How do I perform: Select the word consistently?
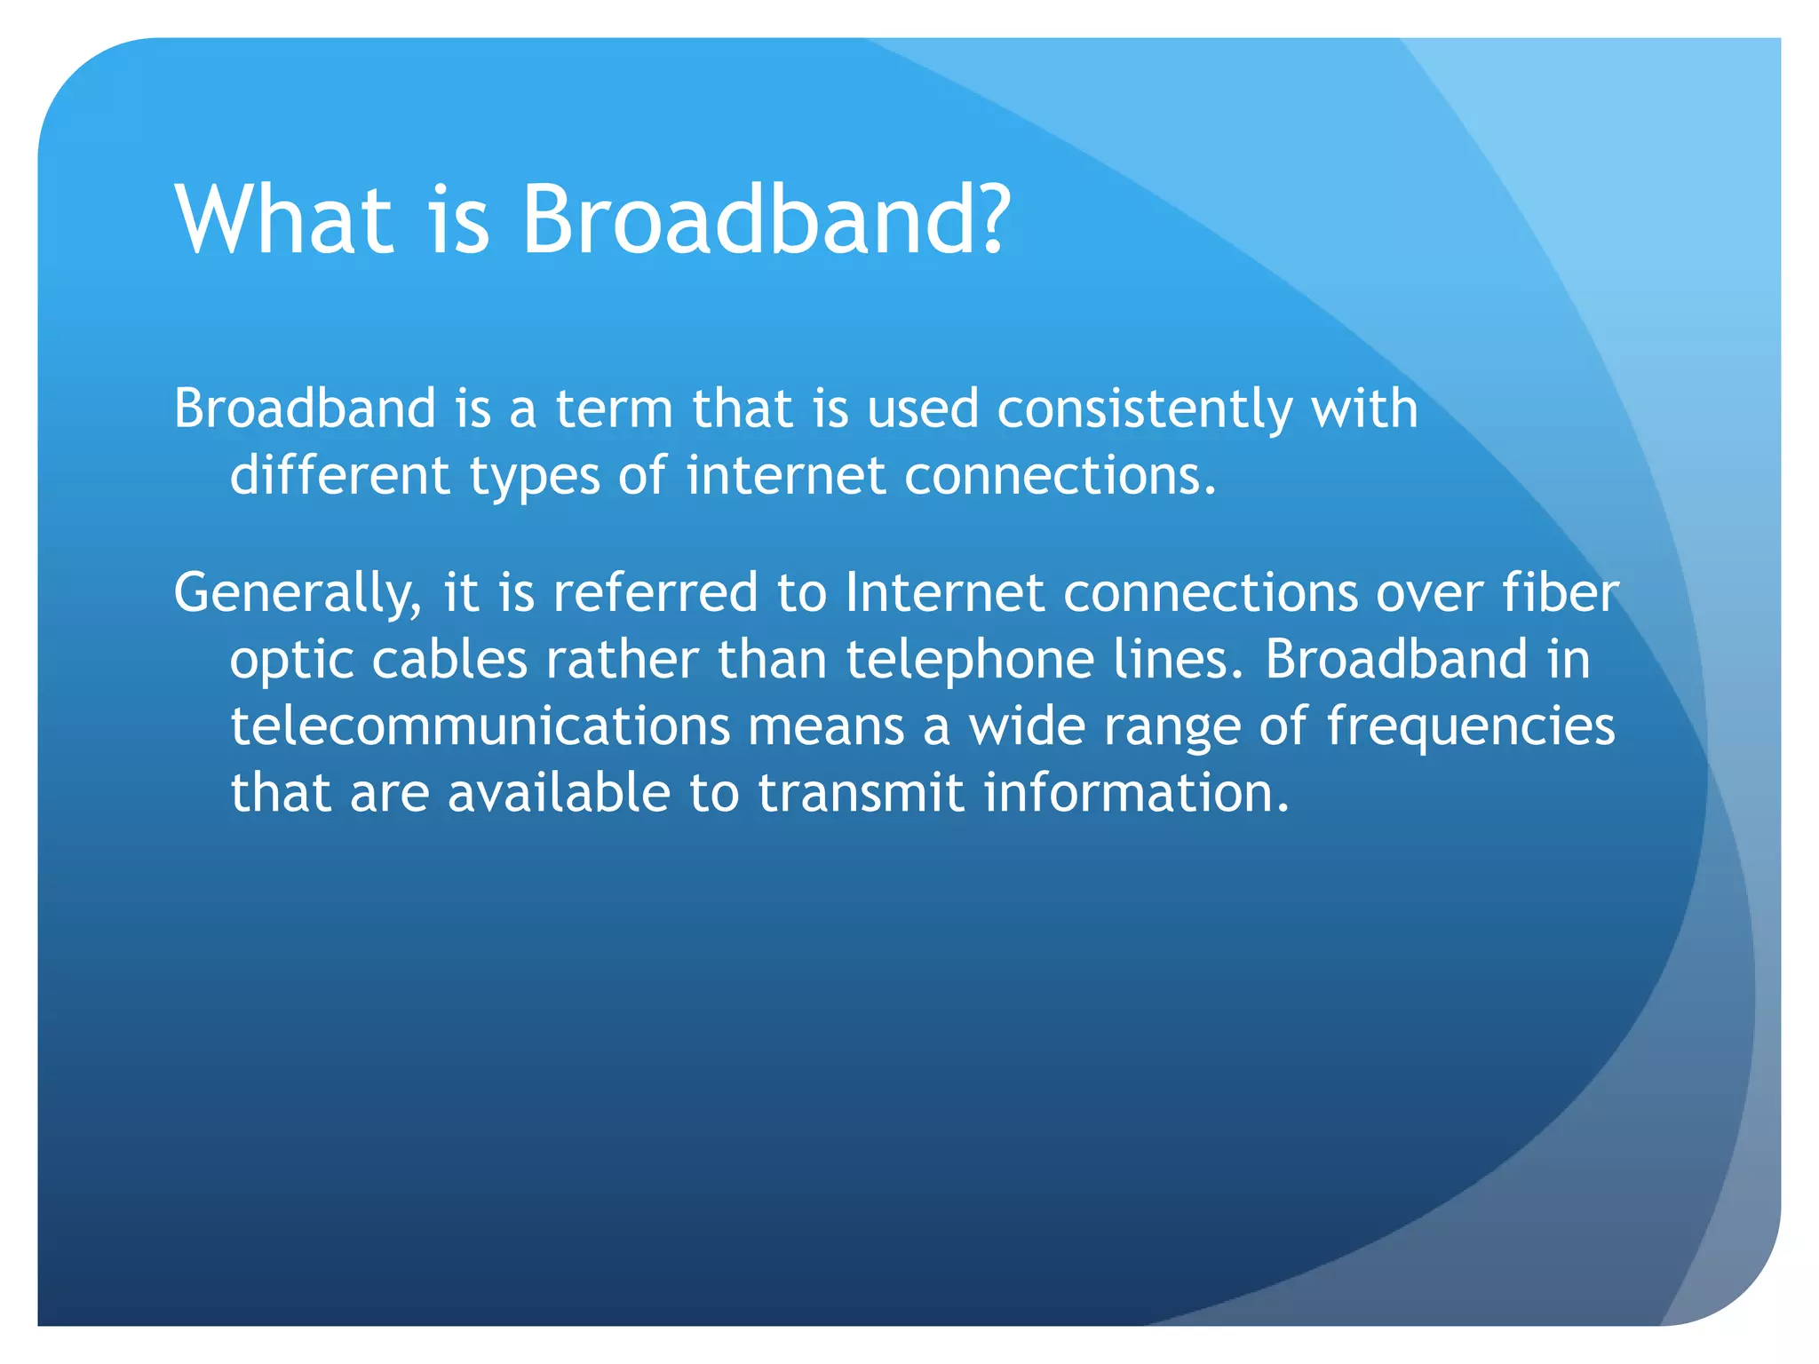tap(1144, 410)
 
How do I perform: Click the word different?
tap(339, 475)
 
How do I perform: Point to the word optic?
tap(291, 661)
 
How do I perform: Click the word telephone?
tap(969, 661)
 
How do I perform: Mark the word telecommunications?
tap(480, 726)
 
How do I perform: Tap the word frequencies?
tap(1471, 727)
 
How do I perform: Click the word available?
tap(559, 792)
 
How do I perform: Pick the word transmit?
tap(861, 792)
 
